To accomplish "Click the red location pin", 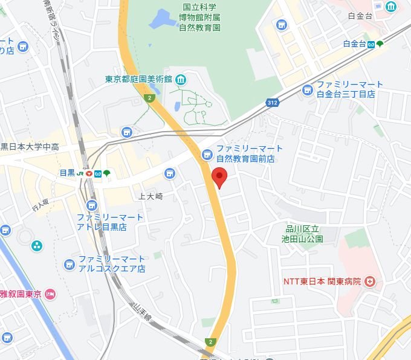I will tap(220, 178).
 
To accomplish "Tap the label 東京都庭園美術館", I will tap(138, 79).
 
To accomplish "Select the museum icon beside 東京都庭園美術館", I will tap(181, 79).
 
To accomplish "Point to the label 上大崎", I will tap(151, 196).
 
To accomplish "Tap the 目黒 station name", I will tap(67, 173).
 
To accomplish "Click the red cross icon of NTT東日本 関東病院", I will tap(370, 281).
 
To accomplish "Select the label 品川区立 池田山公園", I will tap(305, 234).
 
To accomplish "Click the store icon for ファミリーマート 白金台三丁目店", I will tap(308, 89).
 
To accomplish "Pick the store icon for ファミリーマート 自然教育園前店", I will tap(206, 153).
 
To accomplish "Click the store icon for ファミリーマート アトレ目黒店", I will tap(92, 205).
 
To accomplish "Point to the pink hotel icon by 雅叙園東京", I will tap(50, 294).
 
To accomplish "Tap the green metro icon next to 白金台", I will tap(379, 43).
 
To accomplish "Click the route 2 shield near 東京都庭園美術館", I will tap(148, 98).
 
